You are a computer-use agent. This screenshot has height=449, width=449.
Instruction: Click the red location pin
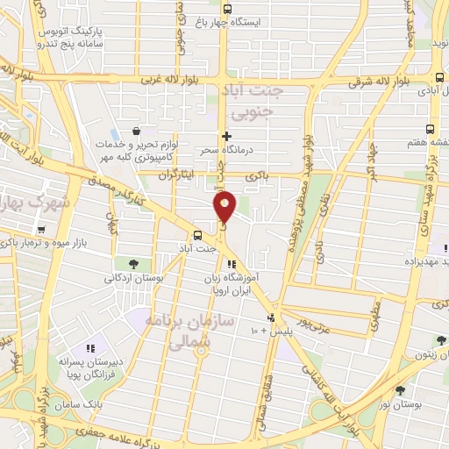(x=225, y=206)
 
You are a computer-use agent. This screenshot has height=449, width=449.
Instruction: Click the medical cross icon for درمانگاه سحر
(x=226, y=136)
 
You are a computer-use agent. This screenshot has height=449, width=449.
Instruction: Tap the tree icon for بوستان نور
(x=401, y=390)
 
